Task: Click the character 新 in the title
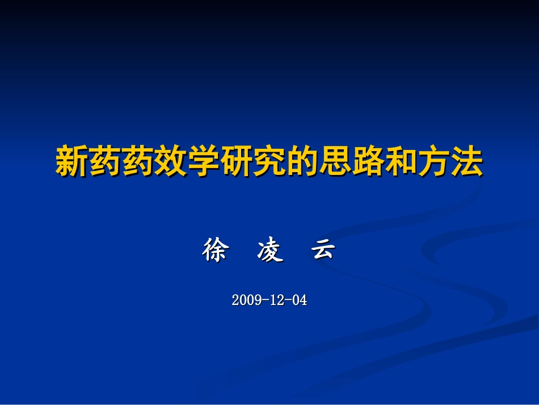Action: (72, 162)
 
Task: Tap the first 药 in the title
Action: (105, 162)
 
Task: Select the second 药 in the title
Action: (138, 162)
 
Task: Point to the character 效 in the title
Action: (171, 162)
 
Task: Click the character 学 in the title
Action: (204, 162)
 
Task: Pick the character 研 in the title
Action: (237, 162)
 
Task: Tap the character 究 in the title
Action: (269, 162)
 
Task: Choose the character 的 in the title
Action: (302, 162)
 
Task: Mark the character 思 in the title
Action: (335, 162)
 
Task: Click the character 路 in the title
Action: (368, 162)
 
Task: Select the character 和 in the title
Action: (401, 162)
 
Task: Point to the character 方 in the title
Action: (434, 162)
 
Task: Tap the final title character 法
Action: (467, 162)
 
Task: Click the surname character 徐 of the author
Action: (214, 250)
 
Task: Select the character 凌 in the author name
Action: (269, 250)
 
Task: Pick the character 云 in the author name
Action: (323, 250)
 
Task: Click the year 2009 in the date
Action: (246, 300)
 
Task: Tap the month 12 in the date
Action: (276, 300)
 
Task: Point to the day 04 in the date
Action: (299, 300)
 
